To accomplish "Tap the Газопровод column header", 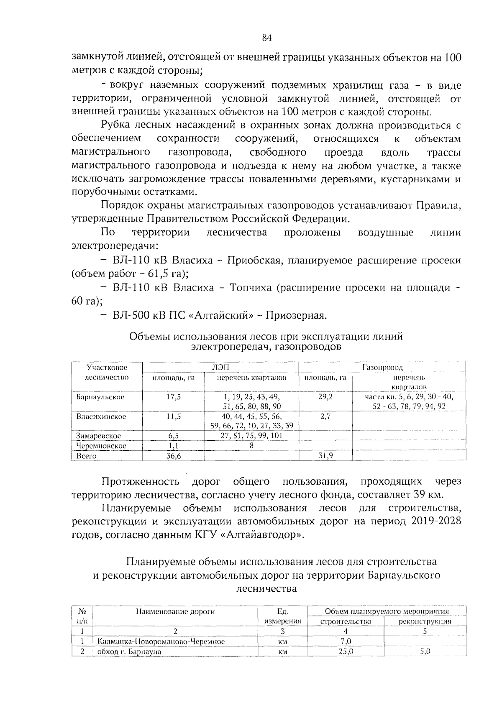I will (x=382, y=367).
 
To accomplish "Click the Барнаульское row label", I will (x=100, y=396).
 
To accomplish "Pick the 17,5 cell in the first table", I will (x=173, y=396).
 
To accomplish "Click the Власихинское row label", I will (x=101, y=416).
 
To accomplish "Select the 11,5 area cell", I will (x=173, y=416).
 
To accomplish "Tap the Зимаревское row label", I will (x=98, y=436).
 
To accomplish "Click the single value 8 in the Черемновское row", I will (x=251, y=445).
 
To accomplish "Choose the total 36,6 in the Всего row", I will (x=173, y=456).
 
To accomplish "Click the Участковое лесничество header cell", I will (x=107, y=372).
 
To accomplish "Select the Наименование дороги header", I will (x=175, y=611).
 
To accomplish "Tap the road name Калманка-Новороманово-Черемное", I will (x=161, y=641).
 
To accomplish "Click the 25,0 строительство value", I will (x=346, y=651).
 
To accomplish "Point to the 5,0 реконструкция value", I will (x=425, y=651).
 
